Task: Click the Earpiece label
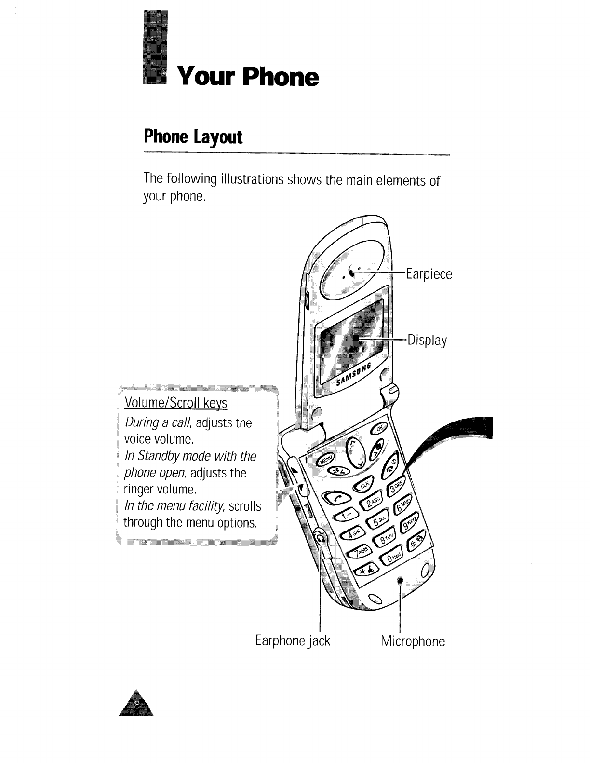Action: click(x=429, y=274)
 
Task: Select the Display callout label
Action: click(x=427, y=341)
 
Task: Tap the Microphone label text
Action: click(x=413, y=641)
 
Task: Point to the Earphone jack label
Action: click(x=293, y=641)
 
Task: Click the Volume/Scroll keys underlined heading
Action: click(x=176, y=403)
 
